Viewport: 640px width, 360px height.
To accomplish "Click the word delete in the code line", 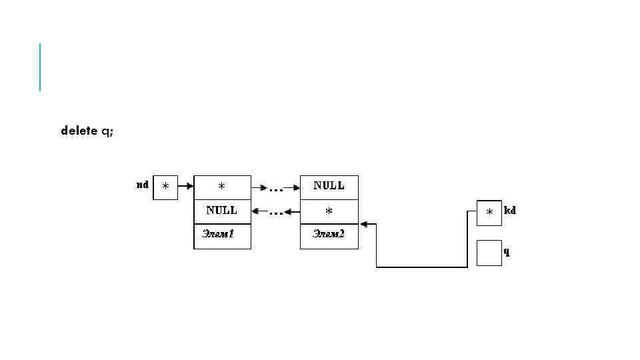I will click(x=79, y=131).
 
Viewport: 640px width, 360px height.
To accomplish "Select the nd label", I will click(x=142, y=185).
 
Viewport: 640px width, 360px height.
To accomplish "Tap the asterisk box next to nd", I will click(x=165, y=187).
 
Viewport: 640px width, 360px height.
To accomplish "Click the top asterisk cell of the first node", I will click(x=222, y=187).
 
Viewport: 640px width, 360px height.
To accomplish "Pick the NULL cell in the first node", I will click(x=222, y=211).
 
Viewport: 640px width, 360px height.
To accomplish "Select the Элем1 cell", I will click(x=222, y=235).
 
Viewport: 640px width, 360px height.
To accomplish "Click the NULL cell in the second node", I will click(x=329, y=187).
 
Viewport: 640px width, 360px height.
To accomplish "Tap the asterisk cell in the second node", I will click(x=329, y=211).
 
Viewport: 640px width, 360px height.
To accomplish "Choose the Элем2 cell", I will click(x=329, y=235).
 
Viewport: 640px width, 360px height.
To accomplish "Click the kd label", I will click(x=511, y=211).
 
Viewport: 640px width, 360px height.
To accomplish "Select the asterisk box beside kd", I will click(x=489, y=213).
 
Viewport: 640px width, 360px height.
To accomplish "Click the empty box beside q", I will click(x=489, y=253).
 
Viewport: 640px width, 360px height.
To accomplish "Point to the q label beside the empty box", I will click(x=507, y=252).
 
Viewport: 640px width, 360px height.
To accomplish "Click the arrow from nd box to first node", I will click(x=185, y=187).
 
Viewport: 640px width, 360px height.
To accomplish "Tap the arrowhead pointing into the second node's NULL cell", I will click(x=296, y=188).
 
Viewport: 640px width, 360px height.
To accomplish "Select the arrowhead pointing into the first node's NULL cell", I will click(x=256, y=212).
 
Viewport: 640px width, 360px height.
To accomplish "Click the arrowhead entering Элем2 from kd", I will click(x=363, y=224).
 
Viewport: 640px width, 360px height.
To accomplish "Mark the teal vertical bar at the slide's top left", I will click(x=40, y=67).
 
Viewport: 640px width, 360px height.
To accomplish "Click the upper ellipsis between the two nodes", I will click(x=276, y=189).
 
